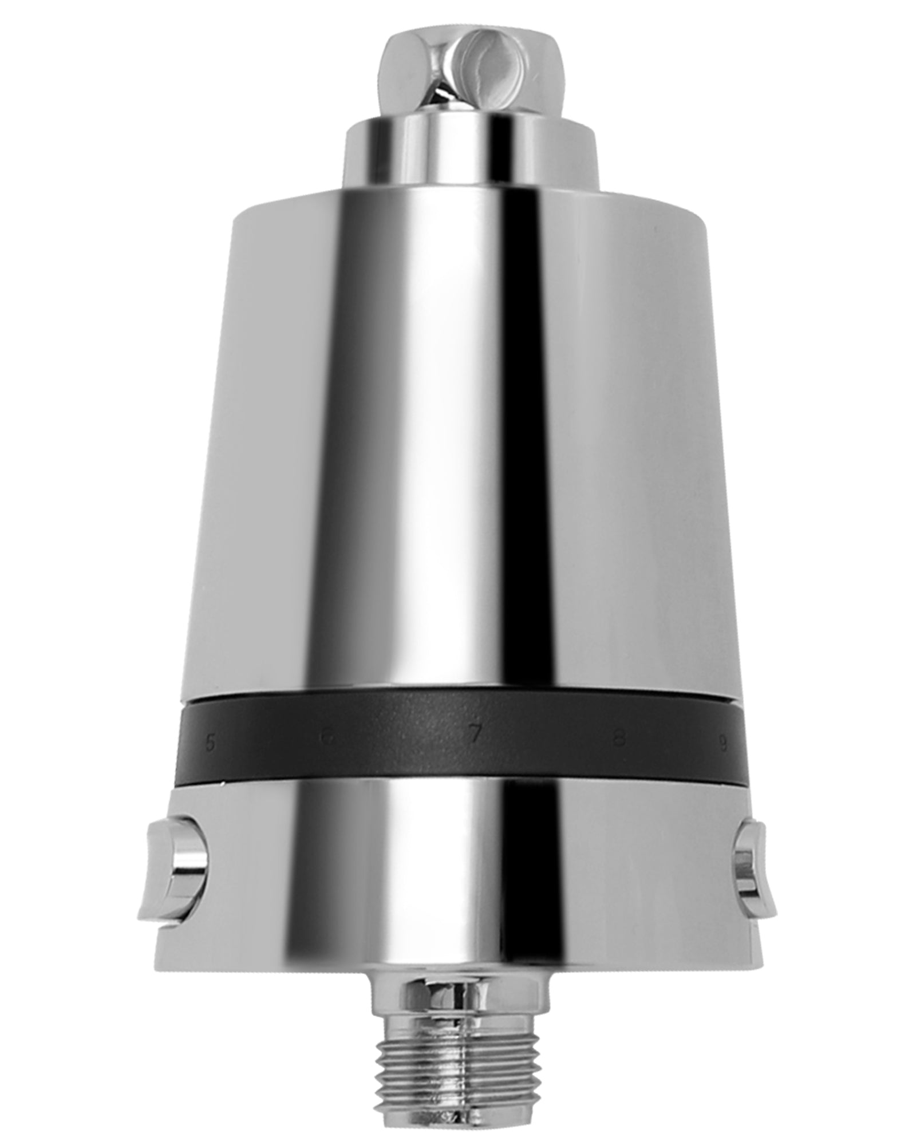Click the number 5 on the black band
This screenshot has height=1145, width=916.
tap(210, 745)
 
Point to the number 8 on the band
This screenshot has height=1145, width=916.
tap(617, 740)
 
